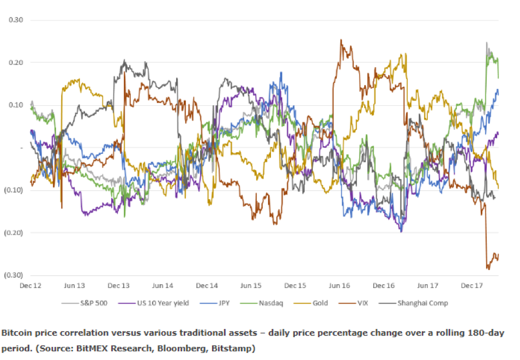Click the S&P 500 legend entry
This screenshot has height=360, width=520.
(x=84, y=303)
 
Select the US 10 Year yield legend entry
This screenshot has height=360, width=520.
(x=154, y=303)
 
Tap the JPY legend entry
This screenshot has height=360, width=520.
(x=215, y=303)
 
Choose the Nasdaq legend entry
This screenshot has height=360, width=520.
(x=262, y=303)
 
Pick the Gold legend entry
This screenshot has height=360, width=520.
(x=311, y=303)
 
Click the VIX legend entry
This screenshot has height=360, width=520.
(x=354, y=303)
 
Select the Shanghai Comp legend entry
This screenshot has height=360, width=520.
(x=414, y=303)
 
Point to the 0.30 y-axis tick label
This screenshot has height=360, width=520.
(x=16, y=20)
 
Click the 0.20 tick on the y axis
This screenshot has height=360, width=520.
(x=16, y=63)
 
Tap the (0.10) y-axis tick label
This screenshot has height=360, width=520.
(x=14, y=190)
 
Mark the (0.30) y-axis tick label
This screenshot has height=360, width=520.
(x=14, y=275)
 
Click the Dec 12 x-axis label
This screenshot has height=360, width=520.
(x=31, y=286)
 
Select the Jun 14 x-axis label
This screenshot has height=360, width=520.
(x=162, y=286)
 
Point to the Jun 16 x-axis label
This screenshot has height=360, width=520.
(x=339, y=286)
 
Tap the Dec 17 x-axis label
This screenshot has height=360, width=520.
(x=472, y=286)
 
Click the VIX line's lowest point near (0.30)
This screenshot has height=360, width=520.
(x=488, y=269)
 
